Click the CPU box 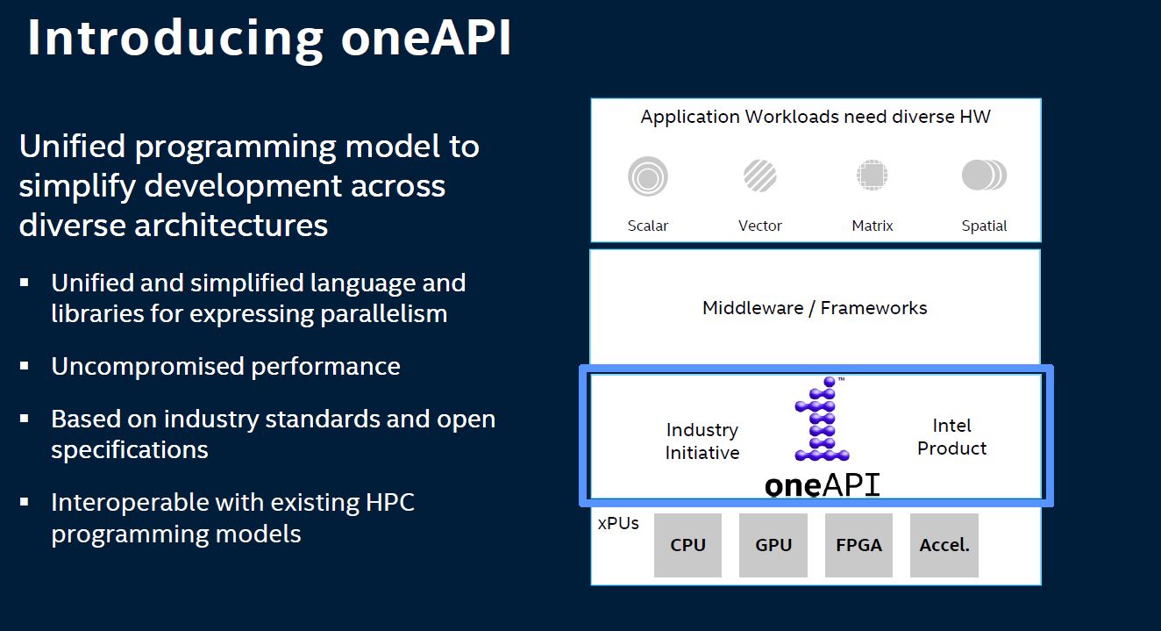tap(687, 545)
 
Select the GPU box tap(773, 545)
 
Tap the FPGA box tap(858, 545)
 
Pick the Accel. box tap(944, 545)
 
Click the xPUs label tap(618, 523)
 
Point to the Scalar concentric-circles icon tap(648, 176)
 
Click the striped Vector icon tap(759, 176)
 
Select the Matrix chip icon tap(872, 176)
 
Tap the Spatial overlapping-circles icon tap(984, 176)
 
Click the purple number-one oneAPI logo tap(821, 419)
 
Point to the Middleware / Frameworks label tap(815, 308)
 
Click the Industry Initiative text tap(702, 441)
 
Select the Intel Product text tap(951, 437)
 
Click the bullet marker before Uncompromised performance tap(25, 366)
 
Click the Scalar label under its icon tap(648, 226)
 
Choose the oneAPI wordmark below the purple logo tap(822, 484)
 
